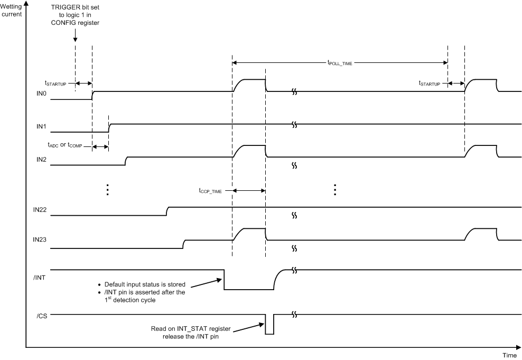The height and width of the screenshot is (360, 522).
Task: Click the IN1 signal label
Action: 36,127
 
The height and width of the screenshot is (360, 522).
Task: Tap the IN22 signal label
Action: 39,210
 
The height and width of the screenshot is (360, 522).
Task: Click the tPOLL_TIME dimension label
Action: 340,63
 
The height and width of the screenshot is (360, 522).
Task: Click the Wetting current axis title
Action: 11,11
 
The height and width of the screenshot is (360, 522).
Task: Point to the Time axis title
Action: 510,355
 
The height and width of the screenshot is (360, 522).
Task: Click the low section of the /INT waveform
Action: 248,289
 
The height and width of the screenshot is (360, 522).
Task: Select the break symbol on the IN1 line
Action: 294,126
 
